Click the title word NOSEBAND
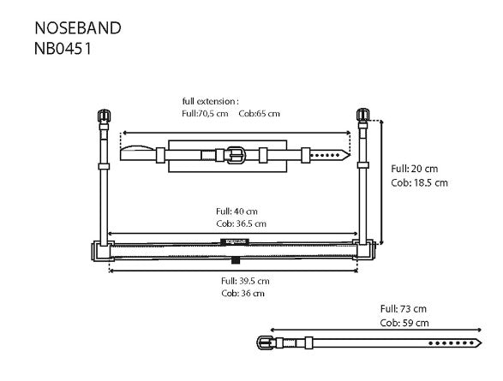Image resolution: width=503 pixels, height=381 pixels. tap(77, 27)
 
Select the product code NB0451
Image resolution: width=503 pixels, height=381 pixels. tap(63, 48)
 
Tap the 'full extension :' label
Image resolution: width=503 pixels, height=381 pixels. tap(210, 100)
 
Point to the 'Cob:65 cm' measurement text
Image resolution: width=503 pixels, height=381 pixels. tap(260, 113)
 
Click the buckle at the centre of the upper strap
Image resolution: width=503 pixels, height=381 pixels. tap(236, 155)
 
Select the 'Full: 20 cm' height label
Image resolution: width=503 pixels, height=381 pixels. tap(414, 169)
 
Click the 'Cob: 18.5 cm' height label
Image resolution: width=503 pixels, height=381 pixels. tap(419, 182)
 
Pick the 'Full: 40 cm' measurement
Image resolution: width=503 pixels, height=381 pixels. tap(237, 211)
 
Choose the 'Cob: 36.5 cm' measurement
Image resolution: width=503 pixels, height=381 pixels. tap(242, 223)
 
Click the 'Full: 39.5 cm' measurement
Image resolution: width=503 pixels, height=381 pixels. tap(245, 281)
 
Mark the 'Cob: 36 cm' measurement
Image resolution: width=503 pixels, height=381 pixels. tap(242, 294)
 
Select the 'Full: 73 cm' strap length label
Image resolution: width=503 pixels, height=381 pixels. tap(404, 309)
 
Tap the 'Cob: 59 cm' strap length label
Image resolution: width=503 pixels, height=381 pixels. tap(404, 323)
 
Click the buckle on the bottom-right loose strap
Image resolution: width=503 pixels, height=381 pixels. tap(262, 342)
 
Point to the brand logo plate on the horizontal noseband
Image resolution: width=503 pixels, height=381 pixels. tap(233, 241)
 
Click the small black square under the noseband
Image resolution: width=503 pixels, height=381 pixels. tap(235, 260)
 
